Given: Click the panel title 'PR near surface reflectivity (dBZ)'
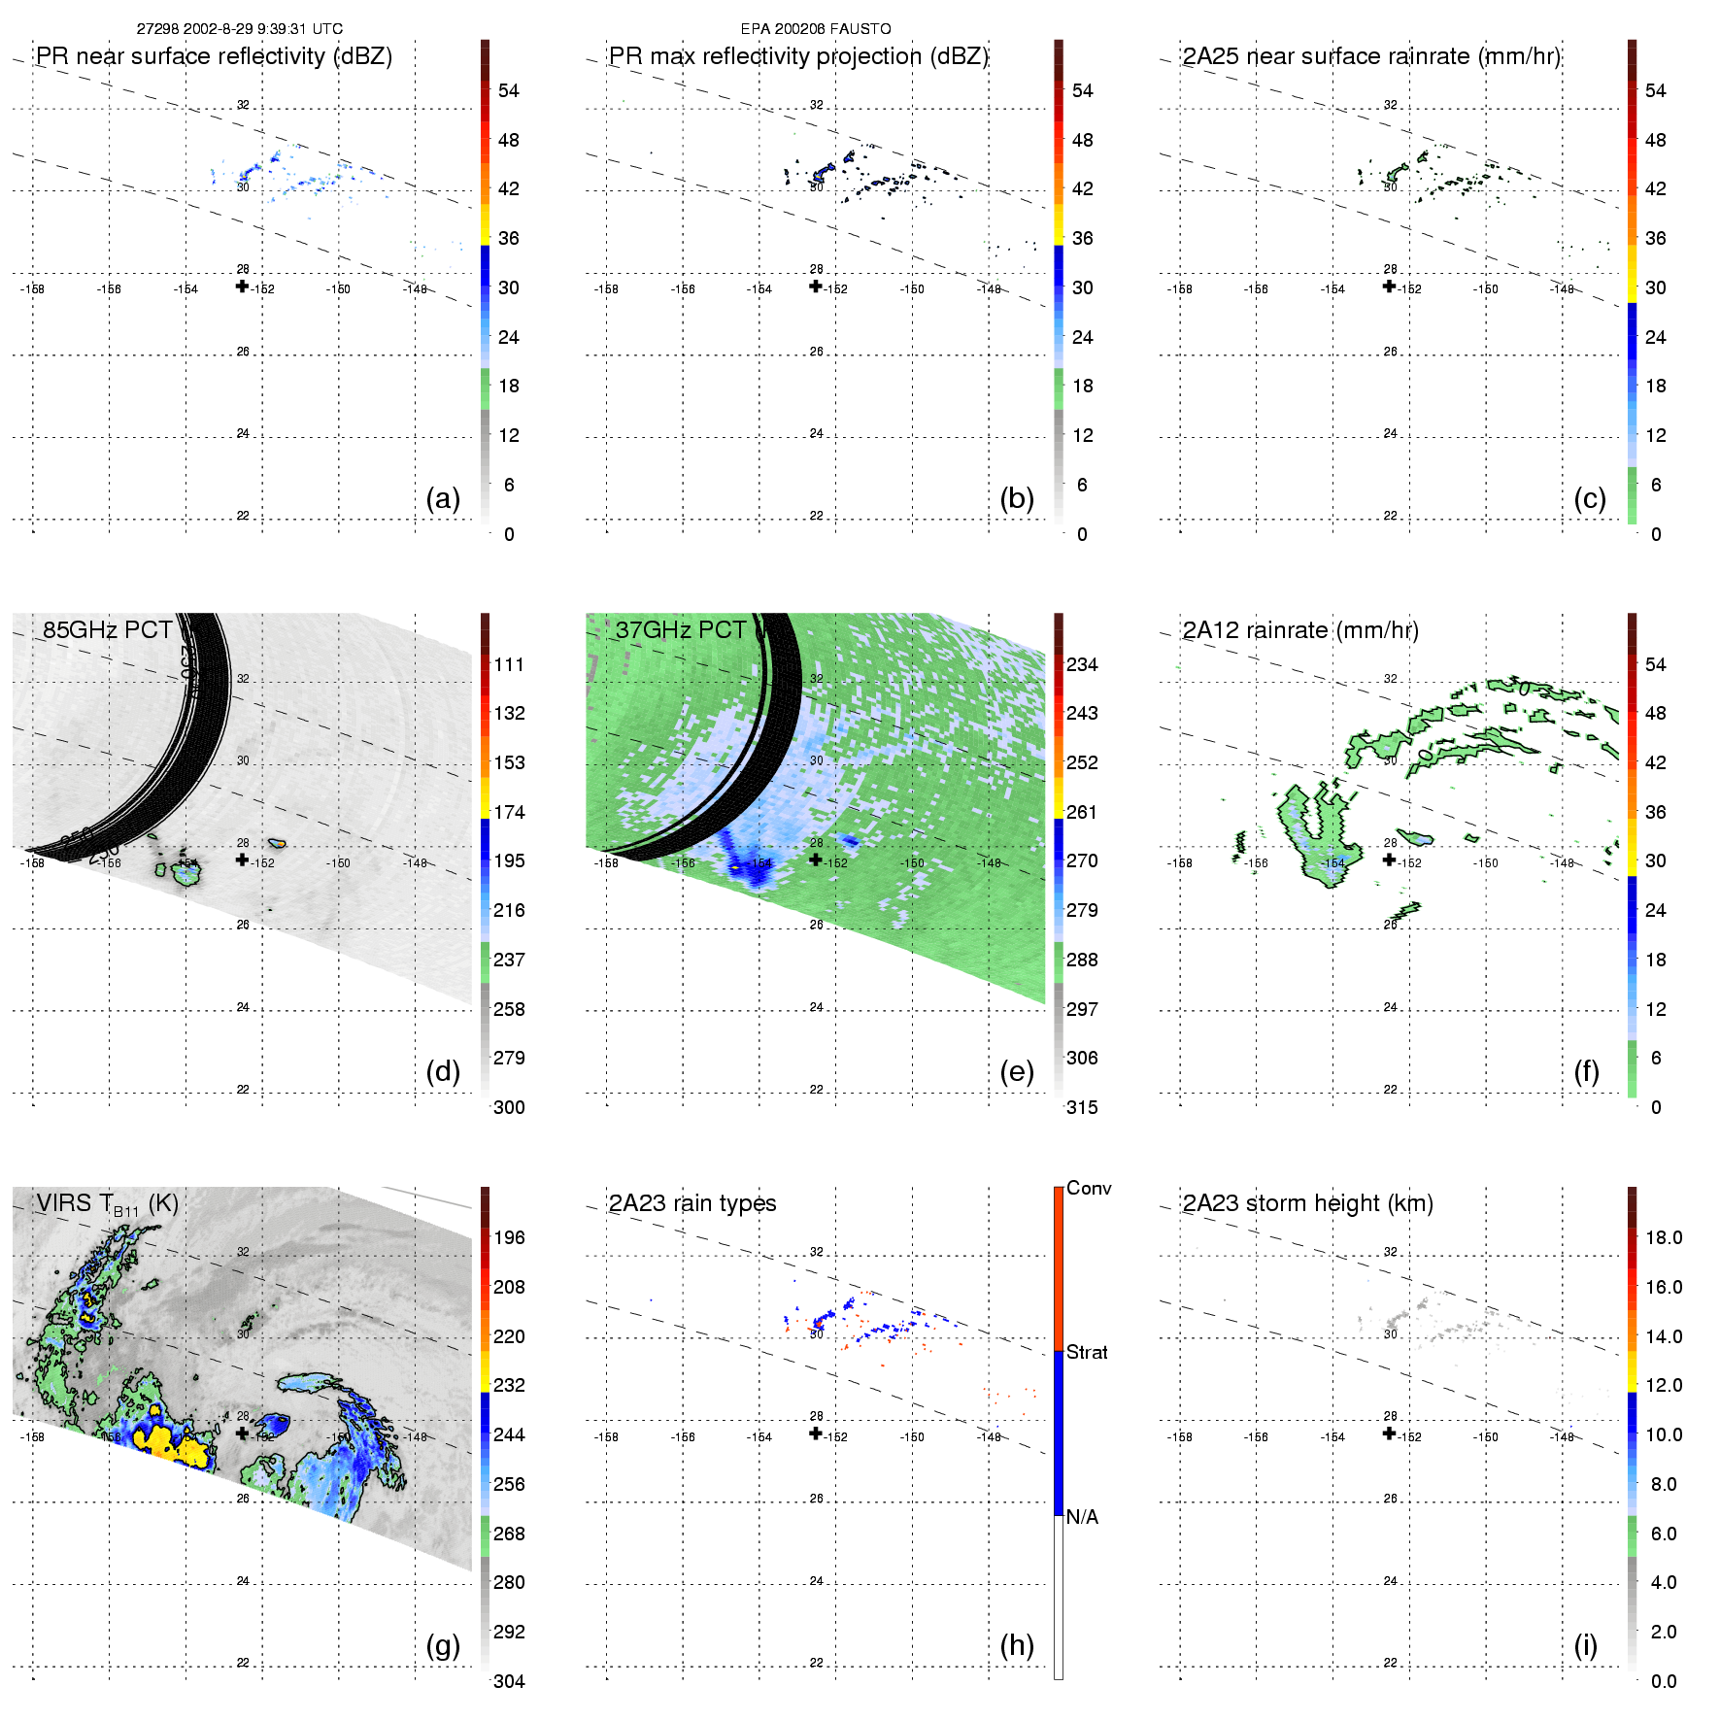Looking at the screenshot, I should tap(214, 56).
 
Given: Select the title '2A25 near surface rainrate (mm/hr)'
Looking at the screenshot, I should tap(1370, 56).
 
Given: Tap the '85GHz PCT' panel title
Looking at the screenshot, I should tap(107, 630).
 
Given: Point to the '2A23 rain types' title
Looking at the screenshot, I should tap(691, 1203).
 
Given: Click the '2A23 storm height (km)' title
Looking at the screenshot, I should tap(1307, 1203).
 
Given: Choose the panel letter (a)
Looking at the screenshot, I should tap(443, 498).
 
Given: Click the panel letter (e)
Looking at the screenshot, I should tap(1016, 1071).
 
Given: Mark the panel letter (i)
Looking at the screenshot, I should tap(1585, 1645).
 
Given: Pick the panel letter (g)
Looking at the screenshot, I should tap(443, 1645).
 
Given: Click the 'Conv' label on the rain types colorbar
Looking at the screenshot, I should tap(1089, 1188).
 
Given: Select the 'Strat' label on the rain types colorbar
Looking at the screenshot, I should tap(1087, 1352).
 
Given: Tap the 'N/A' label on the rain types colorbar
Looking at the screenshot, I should tap(1082, 1517).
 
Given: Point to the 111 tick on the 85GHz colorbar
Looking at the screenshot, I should tap(509, 664).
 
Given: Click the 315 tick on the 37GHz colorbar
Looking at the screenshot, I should tap(1082, 1107).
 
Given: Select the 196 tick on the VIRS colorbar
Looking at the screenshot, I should tap(509, 1237).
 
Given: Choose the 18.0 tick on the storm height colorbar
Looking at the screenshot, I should tap(1664, 1237).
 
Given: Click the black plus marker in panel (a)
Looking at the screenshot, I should tap(242, 286).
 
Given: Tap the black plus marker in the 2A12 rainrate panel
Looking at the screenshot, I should tap(1389, 859).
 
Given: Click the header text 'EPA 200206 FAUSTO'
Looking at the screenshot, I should tap(816, 29).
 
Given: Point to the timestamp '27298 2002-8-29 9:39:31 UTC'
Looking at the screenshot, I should tap(239, 29).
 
